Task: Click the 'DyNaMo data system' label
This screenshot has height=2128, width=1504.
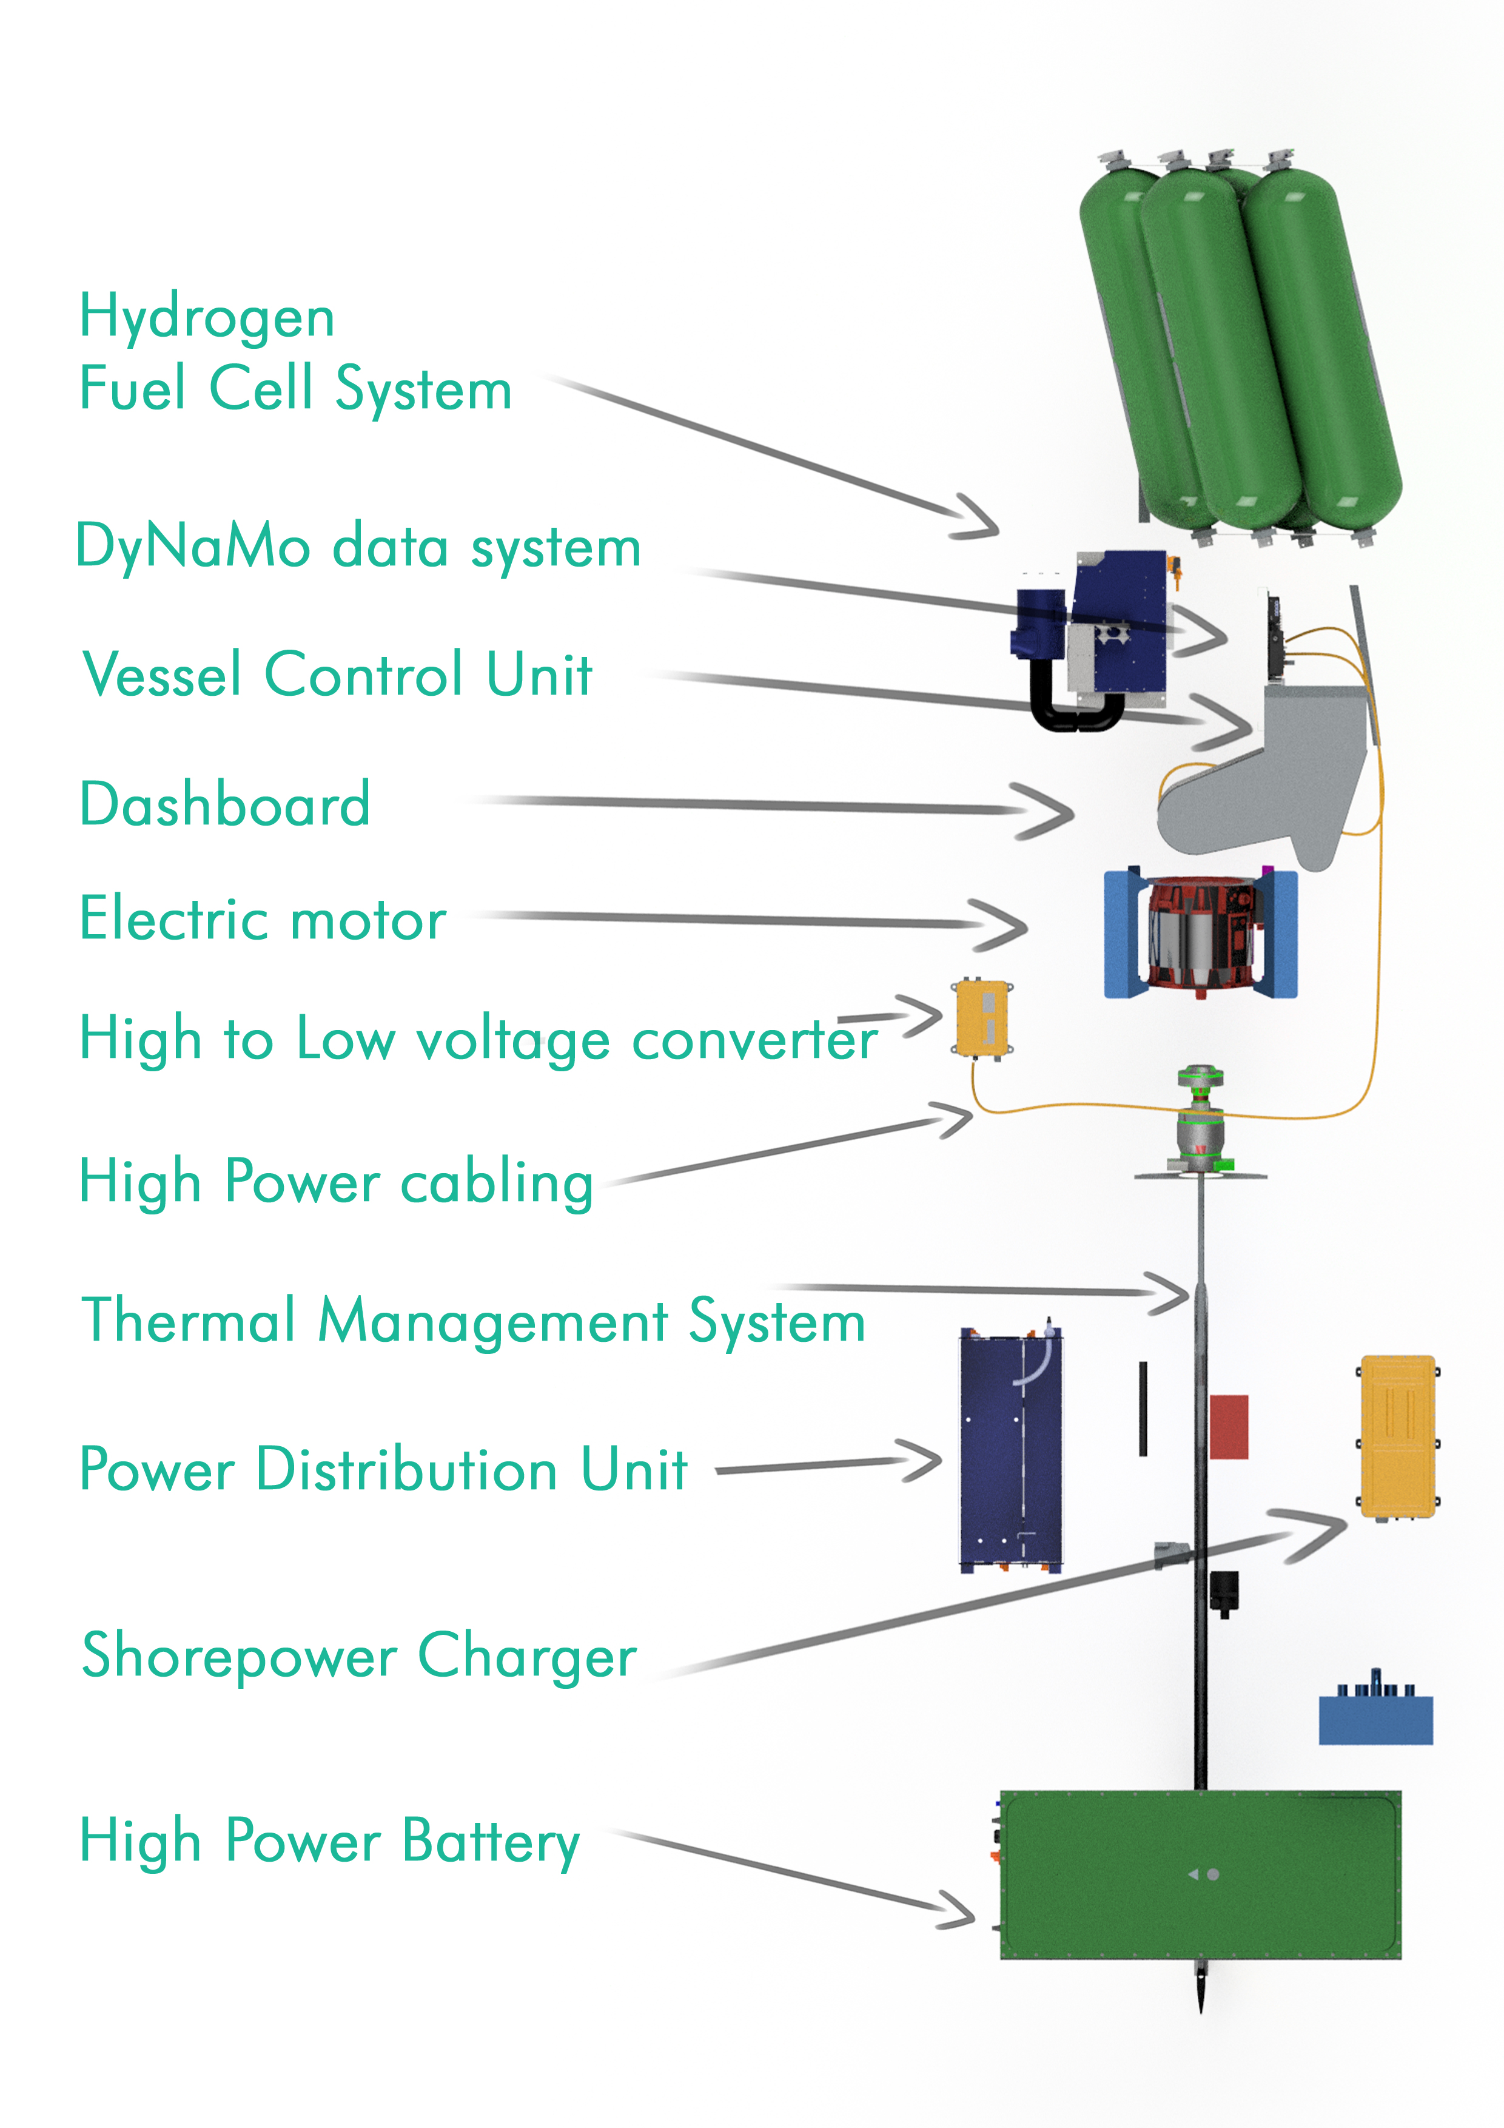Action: coord(358,547)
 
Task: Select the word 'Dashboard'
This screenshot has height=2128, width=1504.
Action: coord(225,804)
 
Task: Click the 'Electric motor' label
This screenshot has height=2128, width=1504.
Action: coord(263,920)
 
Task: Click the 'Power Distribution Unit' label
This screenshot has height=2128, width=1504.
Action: coord(384,1470)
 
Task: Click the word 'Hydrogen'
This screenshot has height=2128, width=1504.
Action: coord(207,318)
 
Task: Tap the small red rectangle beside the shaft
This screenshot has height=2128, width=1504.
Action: coord(1228,1426)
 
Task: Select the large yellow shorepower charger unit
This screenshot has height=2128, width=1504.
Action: coord(1397,1436)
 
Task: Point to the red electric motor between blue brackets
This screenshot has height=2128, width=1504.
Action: coord(1200,934)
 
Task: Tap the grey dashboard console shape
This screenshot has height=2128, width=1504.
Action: coord(1269,788)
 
